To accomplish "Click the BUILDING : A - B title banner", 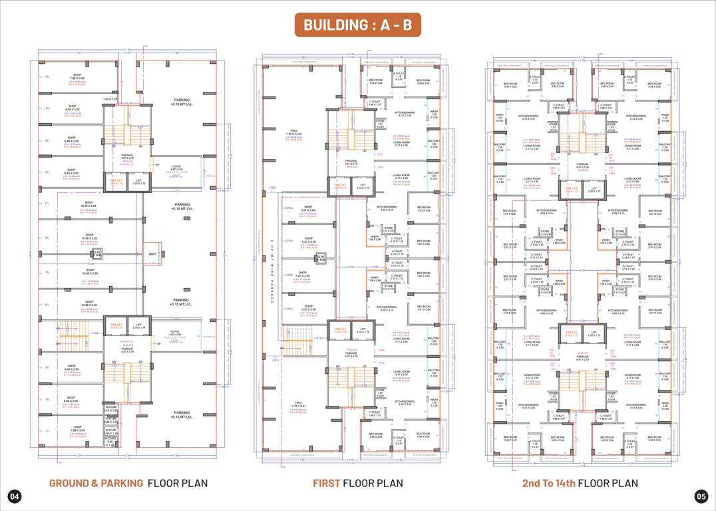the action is [x=358, y=25].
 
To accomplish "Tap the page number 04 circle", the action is [x=15, y=496].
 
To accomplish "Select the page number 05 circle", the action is [x=701, y=496].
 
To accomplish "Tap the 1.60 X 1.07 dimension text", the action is [x=110, y=99].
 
